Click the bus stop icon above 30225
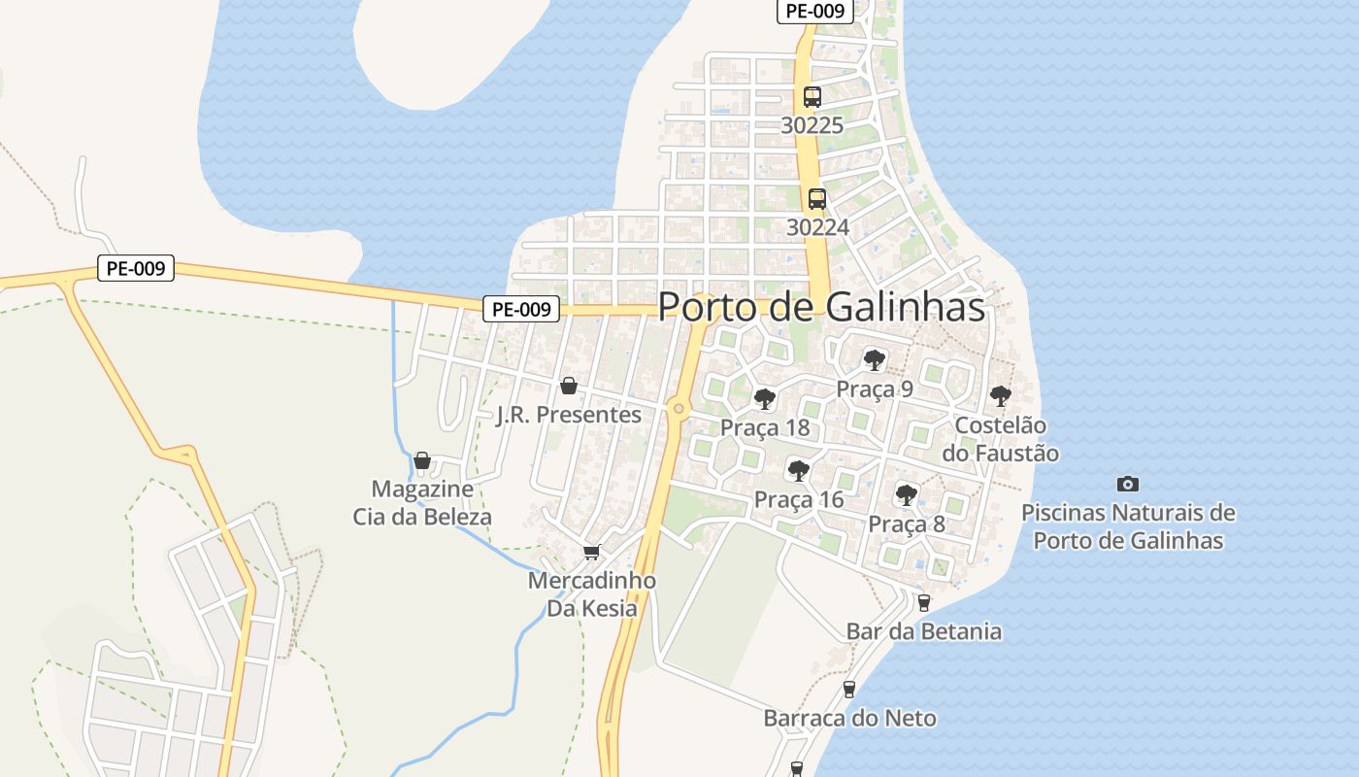[x=812, y=97]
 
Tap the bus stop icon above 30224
[x=817, y=199]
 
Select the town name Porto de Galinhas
[x=821, y=307]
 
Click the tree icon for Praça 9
[x=875, y=360]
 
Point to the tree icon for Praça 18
[x=765, y=399]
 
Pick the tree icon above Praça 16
[x=799, y=471]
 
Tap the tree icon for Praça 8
[x=907, y=495]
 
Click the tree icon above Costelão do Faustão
[x=1001, y=396]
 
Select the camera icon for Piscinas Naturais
[x=1128, y=484]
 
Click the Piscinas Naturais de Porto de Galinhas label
[x=1128, y=526]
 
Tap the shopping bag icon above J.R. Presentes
[x=569, y=386]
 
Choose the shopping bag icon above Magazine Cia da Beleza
[x=422, y=459]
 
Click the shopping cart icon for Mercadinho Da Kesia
[x=591, y=552]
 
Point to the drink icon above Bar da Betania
[x=924, y=602]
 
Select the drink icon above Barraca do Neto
[x=849, y=690]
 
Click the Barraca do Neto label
[x=849, y=719]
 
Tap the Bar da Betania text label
[x=924, y=631]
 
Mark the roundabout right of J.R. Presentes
[x=679, y=409]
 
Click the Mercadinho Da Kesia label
[x=591, y=594]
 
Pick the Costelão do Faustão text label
[x=1001, y=439]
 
